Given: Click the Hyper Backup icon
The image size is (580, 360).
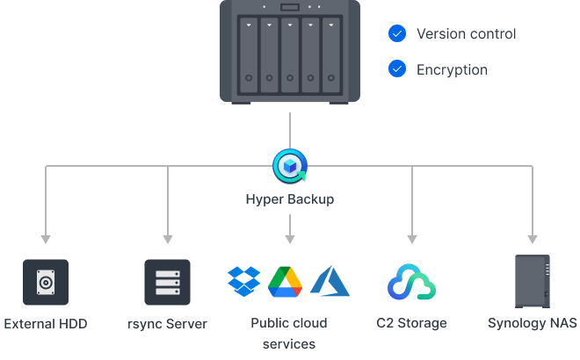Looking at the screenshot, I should point(289,164).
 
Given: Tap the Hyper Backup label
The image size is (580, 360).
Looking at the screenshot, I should point(289,199).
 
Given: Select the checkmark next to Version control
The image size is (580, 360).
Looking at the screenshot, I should point(397,34).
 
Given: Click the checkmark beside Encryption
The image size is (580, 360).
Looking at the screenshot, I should point(397,68).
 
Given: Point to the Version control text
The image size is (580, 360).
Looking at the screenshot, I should point(466,34).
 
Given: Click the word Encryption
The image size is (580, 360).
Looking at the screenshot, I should point(452,68).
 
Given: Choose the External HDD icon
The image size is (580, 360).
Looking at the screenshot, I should point(45,282).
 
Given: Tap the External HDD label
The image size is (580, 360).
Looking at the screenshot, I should point(46,323).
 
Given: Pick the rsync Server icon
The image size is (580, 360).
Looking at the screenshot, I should point(167,282).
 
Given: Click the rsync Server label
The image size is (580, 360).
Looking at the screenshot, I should point(167,323).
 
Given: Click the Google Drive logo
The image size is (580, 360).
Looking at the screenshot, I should point(286,281).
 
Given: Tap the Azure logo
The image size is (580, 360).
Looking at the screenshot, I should point(330,281).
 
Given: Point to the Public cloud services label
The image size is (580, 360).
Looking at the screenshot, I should point(288,334).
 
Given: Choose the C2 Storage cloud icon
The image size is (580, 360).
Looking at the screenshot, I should point(412,282).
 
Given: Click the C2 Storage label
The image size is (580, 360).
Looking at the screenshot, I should point(412,323).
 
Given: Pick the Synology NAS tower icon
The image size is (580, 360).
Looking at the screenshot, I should point(532,281).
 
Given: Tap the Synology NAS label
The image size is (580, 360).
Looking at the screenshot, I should point(532,323).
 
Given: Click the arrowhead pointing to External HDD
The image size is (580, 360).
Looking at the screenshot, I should point(46,239).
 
